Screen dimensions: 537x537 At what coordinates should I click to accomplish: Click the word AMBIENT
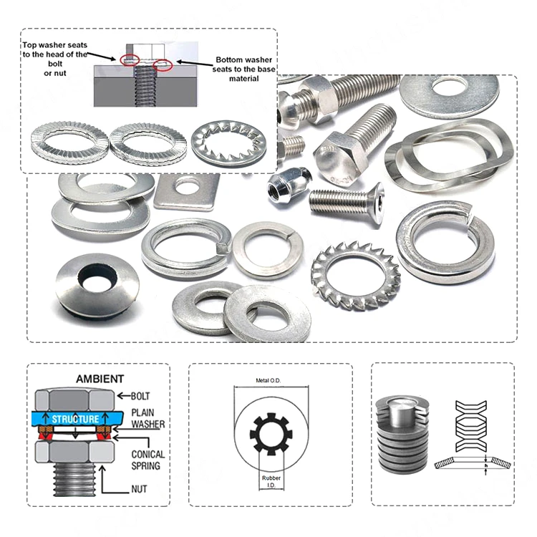100,379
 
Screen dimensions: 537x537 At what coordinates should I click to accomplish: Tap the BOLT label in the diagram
140,396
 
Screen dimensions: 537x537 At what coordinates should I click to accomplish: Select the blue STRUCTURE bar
77,419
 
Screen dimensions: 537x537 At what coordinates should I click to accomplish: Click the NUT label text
139,489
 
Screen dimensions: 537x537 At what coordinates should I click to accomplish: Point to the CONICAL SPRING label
148,460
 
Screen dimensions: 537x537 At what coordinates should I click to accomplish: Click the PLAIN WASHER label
148,418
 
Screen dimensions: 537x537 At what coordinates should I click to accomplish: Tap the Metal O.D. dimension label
268,380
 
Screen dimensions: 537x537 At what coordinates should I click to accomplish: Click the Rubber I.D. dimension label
271,481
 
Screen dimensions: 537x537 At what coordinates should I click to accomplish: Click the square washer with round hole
187,193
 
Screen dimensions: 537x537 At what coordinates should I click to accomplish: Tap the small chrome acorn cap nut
289,185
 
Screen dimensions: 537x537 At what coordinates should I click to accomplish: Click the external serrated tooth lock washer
355,276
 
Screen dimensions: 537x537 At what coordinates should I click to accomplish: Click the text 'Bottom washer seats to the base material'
244,69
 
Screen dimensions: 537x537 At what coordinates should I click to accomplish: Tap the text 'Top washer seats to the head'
55,49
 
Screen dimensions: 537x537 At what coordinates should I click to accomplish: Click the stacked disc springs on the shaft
402,435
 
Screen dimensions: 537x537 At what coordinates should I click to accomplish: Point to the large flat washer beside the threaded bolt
450,97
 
